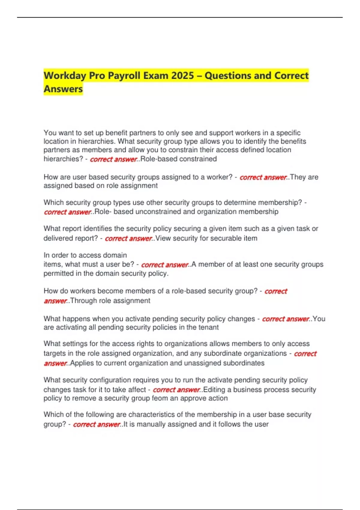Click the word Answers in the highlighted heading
[63, 89]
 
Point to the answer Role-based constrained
[178, 159]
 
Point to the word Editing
[214, 390]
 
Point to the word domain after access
[115, 255]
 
